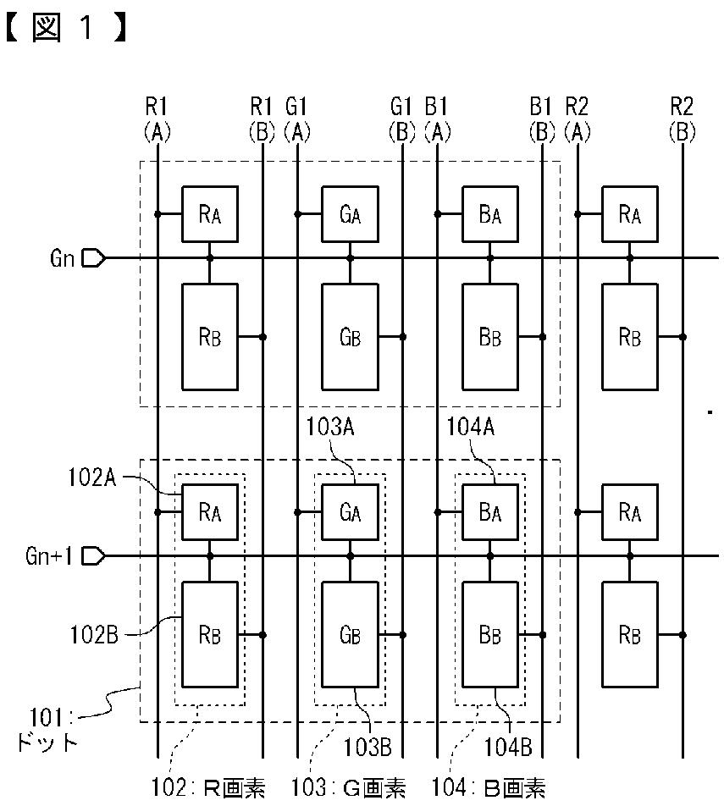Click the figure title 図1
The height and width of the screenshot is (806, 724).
tap(66, 27)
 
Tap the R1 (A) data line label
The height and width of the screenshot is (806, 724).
tap(157, 119)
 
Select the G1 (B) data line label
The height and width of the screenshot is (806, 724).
tap(401, 119)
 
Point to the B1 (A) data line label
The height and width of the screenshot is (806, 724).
tap(437, 119)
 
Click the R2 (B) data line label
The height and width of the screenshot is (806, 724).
tap(682, 119)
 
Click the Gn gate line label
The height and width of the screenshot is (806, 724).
tap(62, 258)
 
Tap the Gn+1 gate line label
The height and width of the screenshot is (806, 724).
tap(49, 556)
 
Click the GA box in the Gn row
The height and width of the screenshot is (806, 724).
tap(351, 214)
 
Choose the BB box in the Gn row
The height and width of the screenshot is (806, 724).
tap(490, 337)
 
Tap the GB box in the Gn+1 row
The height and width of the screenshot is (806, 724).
tap(351, 635)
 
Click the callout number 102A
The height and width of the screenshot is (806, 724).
tap(92, 478)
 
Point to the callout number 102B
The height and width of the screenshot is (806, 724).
tap(94, 635)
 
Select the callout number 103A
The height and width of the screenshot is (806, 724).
tap(330, 427)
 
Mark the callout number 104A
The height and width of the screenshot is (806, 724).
tap(471, 427)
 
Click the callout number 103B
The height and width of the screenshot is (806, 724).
tap(368, 748)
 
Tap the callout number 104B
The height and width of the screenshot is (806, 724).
tap(507, 748)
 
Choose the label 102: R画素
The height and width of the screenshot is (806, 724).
tap(207, 787)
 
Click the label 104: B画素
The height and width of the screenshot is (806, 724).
tap(489, 787)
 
